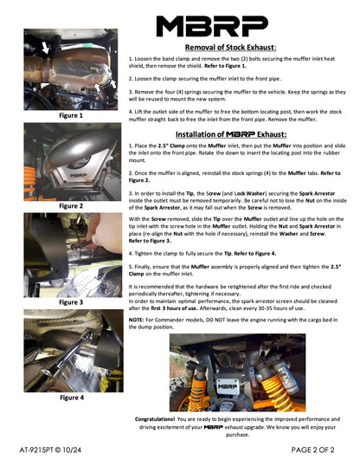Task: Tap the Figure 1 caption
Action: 71,114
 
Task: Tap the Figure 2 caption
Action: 71,206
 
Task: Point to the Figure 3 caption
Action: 71,302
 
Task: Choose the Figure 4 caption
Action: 71,398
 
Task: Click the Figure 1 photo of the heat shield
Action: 71,68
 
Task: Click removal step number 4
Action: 130,110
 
